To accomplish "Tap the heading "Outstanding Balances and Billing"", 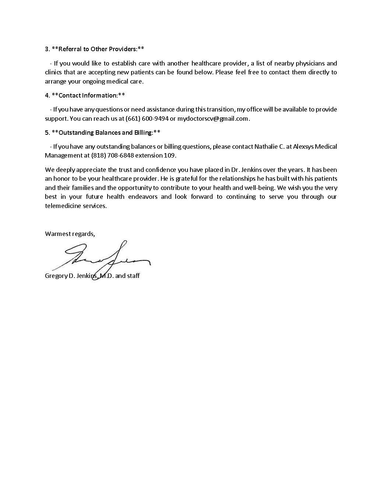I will pos(105,133).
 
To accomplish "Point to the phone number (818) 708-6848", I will pos(112,155).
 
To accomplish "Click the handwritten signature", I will pos(101,258).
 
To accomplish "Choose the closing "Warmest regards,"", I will pos(70,234).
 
